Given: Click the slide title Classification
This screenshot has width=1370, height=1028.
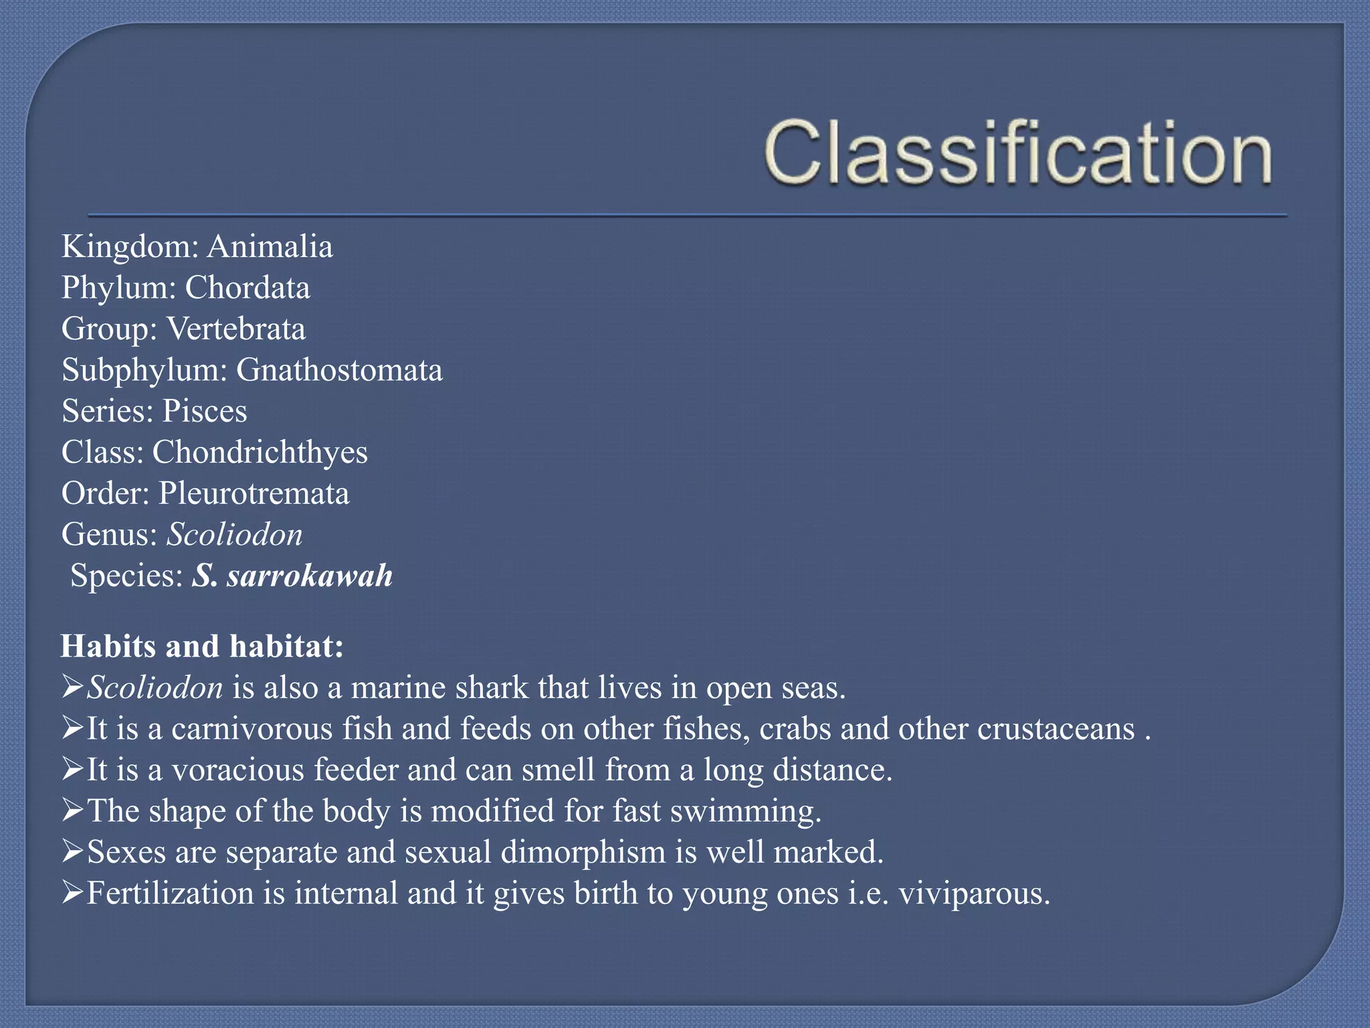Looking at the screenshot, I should coord(1017,153).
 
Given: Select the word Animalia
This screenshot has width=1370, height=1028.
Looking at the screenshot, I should coord(270,247).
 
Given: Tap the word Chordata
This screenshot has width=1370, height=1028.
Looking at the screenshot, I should coord(248,288).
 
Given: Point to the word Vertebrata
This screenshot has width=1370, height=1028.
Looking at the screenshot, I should coord(236,329).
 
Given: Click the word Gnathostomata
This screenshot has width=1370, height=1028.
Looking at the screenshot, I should coord(339,371).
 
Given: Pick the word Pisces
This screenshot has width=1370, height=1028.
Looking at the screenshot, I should coord(205,412).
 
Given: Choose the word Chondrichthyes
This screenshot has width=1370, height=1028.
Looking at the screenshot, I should coord(260,453).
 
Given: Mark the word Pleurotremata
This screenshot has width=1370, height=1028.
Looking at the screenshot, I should coord(254,494).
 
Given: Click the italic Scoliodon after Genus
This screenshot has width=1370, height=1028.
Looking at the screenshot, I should coord(234,535).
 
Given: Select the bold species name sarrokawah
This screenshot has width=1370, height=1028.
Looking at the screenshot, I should coord(310,576).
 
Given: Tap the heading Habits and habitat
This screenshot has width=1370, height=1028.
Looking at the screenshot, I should coord(202,647).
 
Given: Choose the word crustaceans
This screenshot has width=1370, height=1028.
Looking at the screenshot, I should coord(1056,729).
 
